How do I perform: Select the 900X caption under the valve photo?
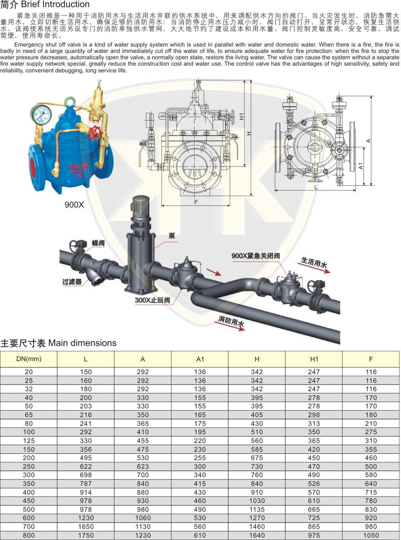(x=74, y=204)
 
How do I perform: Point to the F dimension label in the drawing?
(x=196, y=202)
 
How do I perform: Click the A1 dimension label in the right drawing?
(x=361, y=166)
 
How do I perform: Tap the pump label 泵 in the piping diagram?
(x=172, y=235)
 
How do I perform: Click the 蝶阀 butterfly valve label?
(x=98, y=243)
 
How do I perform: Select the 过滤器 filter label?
(x=72, y=282)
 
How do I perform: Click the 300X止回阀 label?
(x=152, y=300)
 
